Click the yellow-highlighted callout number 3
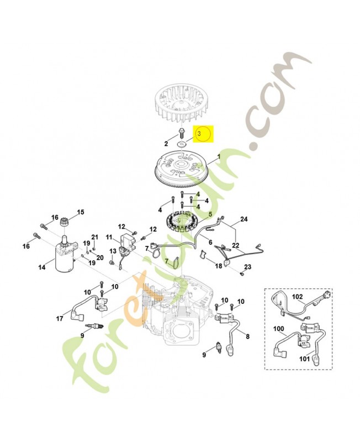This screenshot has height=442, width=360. point(199,133)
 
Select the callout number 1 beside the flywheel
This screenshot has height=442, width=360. point(219,156)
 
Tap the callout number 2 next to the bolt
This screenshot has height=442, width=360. point(166,144)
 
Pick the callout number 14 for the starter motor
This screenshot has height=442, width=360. point(42,267)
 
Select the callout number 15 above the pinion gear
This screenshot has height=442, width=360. point(81,212)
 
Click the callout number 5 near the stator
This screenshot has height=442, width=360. point(210,214)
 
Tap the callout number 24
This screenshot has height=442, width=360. point(243,219)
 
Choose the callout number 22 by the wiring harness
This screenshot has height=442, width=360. point(235,245)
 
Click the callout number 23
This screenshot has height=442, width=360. point(247,267)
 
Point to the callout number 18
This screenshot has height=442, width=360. point(219,266)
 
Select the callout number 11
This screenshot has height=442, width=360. point(109,237)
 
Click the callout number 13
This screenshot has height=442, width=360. point(113,251)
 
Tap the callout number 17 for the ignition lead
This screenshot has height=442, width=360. point(60,319)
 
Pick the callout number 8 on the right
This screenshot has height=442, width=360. point(247,336)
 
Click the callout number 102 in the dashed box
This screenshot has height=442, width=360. point(297,297)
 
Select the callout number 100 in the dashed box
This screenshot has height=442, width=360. point(279,329)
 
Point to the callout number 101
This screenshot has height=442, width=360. point(304,359)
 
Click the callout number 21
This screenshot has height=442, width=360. point(94,236)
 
